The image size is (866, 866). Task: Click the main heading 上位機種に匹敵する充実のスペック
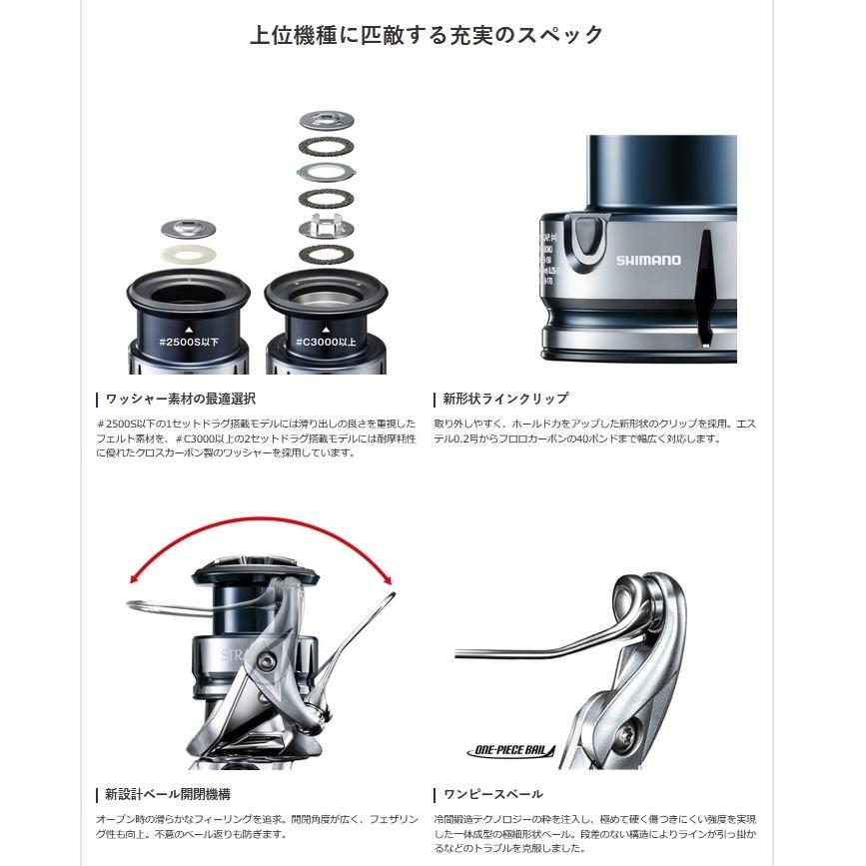427,35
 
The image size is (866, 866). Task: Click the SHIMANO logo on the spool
647,260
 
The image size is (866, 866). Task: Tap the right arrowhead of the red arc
389,580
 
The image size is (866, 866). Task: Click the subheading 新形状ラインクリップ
505,399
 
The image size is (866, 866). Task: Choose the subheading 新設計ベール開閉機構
167,794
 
